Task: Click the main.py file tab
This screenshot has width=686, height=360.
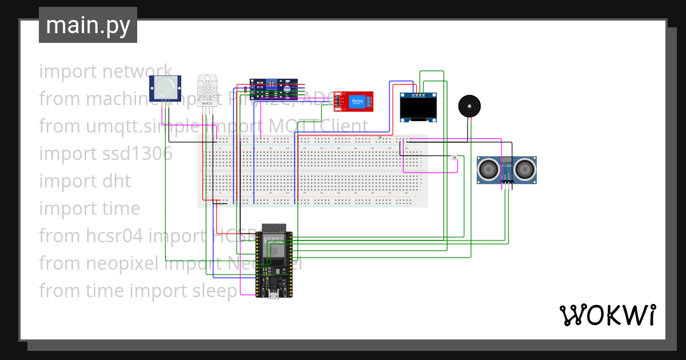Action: point(87,25)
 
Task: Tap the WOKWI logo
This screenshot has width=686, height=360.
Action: point(607,315)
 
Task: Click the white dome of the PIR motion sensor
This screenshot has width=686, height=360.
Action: point(166,87)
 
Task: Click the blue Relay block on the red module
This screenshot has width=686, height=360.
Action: point(357,101)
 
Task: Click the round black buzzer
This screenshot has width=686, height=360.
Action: point(469,106)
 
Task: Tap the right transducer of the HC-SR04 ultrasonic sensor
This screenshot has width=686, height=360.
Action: point(524,169)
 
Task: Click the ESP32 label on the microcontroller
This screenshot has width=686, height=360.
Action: point(273,239)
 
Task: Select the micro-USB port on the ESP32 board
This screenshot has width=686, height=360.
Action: point(274,294)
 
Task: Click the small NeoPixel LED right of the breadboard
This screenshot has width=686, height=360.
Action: point(454,158)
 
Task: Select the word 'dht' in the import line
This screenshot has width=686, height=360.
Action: point(117,181)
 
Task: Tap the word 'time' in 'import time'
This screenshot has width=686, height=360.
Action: point(121,209)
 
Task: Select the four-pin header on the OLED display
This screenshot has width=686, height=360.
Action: point(418,94)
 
